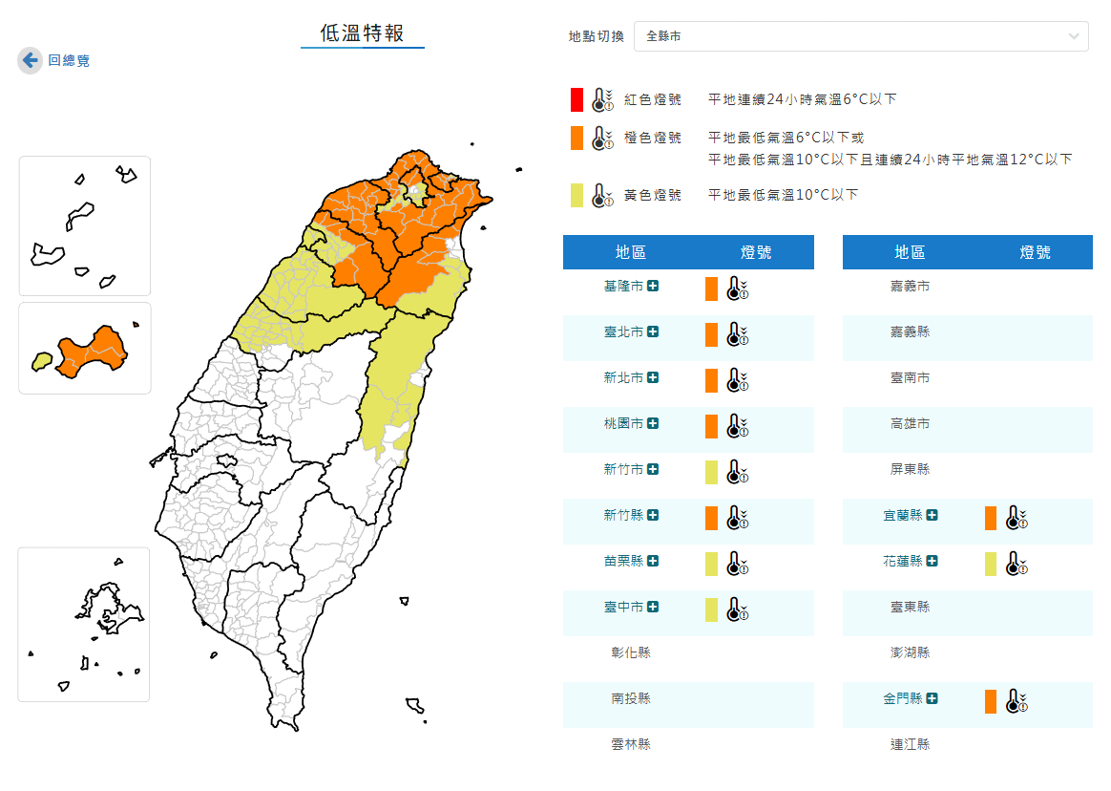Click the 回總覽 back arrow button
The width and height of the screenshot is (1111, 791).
[31, 60]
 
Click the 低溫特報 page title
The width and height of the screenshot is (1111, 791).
[363, 34]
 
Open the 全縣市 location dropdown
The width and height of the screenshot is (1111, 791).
[860, 36]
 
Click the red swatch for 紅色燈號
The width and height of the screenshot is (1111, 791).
[577, 99]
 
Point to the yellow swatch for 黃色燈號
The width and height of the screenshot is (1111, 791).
[577, 195]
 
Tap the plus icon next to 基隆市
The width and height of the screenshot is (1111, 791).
[653, 286]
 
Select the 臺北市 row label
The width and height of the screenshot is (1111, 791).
[623, 331]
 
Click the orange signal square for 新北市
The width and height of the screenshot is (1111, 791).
[711, 380]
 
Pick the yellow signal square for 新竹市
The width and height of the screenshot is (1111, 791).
[711, 472]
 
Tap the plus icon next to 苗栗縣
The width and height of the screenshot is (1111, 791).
[653, 561]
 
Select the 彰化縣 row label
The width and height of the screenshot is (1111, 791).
[631, 652]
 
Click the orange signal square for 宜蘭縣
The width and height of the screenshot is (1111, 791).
[991, 518]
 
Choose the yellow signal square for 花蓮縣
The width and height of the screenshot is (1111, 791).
[991, 564]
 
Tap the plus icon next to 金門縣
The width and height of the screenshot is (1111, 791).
[933, 698]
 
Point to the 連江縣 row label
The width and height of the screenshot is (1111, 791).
[910, 744]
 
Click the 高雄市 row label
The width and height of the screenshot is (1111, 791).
[910, 423]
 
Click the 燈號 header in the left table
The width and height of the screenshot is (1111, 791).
[756, 252]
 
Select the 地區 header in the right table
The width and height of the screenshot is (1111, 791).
[910, 252]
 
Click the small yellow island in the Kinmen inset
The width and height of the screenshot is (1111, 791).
[41, 361]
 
